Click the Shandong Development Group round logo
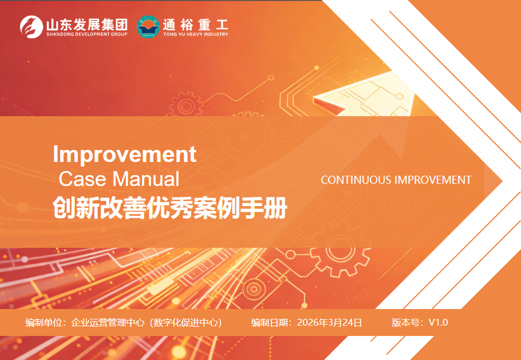tap(31, 27)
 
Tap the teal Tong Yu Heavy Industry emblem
tap(148, 27)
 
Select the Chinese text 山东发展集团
tap(86, 24)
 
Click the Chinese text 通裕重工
tap(195, 24)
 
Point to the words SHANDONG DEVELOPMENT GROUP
tap(86, 34)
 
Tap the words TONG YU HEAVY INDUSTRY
tap(195, 34)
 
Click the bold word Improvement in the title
tap(125, 154)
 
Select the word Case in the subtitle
tap(82, 179)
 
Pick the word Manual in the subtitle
tap(146, 179)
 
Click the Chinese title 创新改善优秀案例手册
tap(170, 208)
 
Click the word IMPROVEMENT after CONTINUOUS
tap(433, 180)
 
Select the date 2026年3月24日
tap(329, 322)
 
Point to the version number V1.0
tap(438, 322)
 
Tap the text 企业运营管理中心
tap(108, 322)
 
